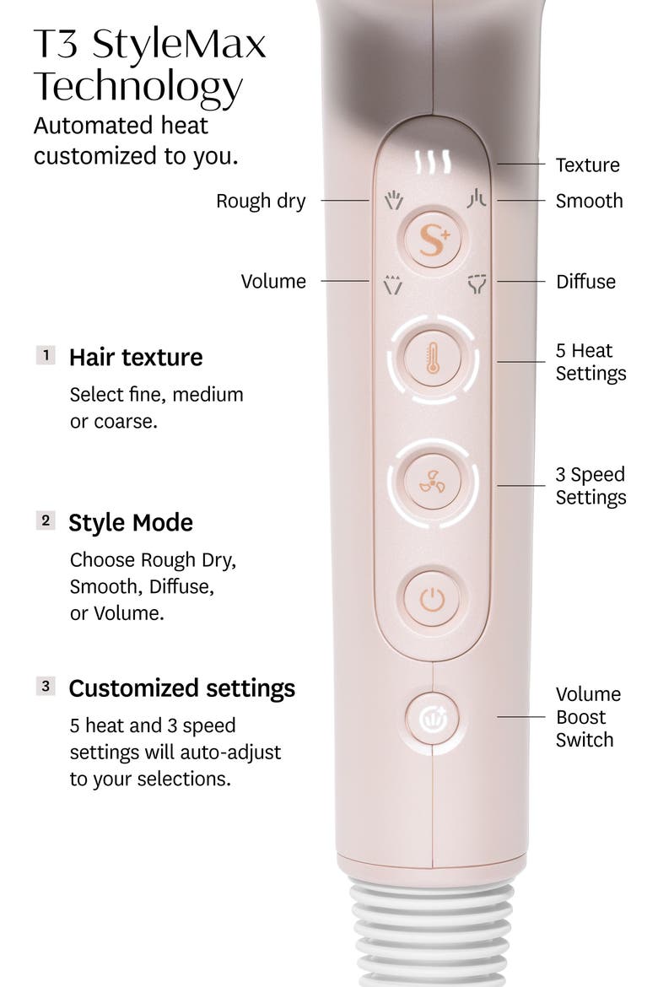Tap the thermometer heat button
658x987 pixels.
(433, 359)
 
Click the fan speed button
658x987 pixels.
(433, 483)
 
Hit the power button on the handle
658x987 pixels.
(433, 599)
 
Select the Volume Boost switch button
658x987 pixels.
(433, 718)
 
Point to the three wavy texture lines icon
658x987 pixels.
(433, 162)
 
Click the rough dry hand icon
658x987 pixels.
(394, 200)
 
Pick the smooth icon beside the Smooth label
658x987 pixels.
(477, 199)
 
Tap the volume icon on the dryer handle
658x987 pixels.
(393, 284)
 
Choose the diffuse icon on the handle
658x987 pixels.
(477, 284)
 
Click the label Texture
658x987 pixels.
(587, 164)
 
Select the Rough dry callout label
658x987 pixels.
(261, 201)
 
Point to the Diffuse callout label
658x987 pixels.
(585, 282)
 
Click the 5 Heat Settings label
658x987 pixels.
(591, 362)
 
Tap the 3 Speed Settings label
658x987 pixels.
(591, 485)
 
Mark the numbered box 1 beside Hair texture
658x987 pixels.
(46, 355)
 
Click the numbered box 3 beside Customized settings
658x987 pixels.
(46, 686)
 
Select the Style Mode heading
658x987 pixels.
(131, 523)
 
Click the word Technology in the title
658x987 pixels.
(138, 87)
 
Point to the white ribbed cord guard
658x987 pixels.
(432, 930)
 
